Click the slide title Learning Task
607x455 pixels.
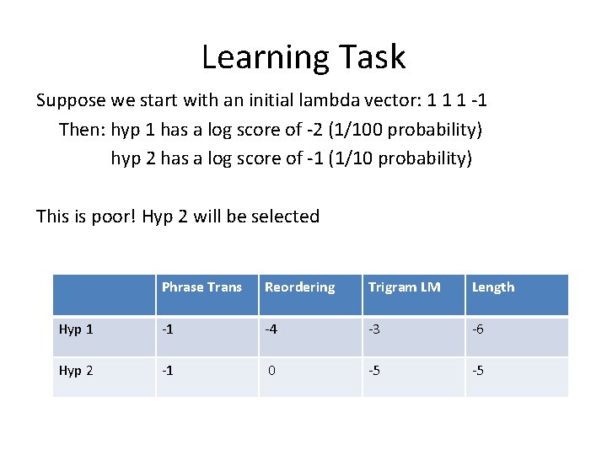tap(303, 56)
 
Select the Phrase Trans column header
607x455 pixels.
tap(201, 287)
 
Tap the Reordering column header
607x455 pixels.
tap(299, 287)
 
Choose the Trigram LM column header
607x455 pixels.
tap(404, 287)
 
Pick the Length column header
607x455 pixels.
tap(493, 287)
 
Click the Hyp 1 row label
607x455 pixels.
tap(75, 329)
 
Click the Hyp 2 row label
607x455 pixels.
tap(75, 370)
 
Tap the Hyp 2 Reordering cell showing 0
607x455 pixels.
tap(272, 370)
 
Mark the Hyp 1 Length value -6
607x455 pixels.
tap(479, 329)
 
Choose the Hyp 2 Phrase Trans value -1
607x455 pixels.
tap(169, 370)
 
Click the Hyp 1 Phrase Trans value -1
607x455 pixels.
tap(169, 329)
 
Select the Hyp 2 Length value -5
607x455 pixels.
tap(479, 370)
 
